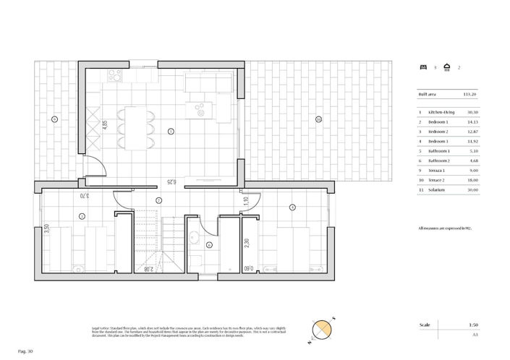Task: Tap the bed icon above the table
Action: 424,67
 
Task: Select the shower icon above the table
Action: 448,67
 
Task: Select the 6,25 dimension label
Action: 170,182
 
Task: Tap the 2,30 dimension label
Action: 247,244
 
